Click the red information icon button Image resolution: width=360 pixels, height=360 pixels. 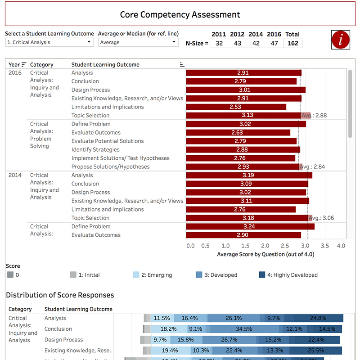point(341,39)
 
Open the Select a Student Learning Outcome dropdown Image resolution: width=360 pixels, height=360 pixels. point(49,42)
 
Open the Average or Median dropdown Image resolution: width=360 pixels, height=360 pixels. point(138,42)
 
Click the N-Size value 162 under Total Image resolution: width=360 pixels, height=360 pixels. point(292,43)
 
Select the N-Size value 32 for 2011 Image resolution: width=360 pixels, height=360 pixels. point(219,43)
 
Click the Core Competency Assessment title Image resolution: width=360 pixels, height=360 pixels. point(180,14)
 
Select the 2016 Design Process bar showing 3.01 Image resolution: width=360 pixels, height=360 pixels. point(245,90)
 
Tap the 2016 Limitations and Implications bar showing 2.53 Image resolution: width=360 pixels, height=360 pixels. point(236,107)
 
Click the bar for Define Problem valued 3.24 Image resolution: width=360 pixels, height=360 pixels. point(250,226)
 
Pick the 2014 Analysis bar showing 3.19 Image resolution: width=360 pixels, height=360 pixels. point(249,175)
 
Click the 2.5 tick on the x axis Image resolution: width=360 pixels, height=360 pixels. point(286,246)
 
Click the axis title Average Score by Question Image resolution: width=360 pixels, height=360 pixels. point(265,254)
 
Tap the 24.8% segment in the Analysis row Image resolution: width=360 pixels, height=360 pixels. point(318,318)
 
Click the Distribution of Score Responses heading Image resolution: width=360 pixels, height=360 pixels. point(60,295)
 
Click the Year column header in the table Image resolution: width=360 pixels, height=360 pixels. point(14,65)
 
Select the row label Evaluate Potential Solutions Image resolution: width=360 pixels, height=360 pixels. point(108,141)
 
